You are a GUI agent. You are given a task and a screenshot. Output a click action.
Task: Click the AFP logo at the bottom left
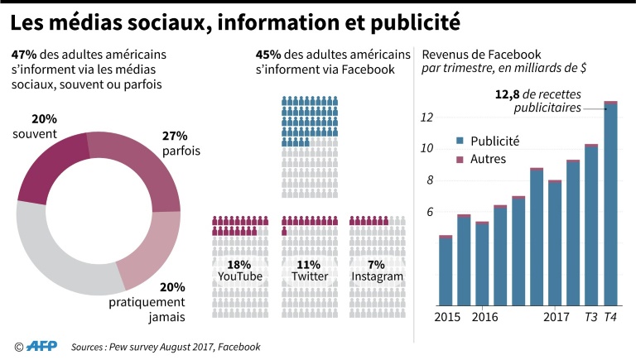point(42,346)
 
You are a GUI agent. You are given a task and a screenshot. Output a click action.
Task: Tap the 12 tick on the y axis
point(427,118)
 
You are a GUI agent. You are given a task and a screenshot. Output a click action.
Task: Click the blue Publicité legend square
point(460,142)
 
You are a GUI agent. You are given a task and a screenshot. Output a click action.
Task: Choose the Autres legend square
point(460,159)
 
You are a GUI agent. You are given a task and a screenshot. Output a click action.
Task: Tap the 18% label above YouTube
point(239,263)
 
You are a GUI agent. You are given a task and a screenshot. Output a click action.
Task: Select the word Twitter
point(308,276)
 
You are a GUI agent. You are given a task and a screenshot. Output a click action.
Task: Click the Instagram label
point(378,276)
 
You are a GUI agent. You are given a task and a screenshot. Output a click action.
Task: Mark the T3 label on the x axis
point(590,318)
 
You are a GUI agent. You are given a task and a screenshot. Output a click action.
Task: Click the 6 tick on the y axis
point(431,213)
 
